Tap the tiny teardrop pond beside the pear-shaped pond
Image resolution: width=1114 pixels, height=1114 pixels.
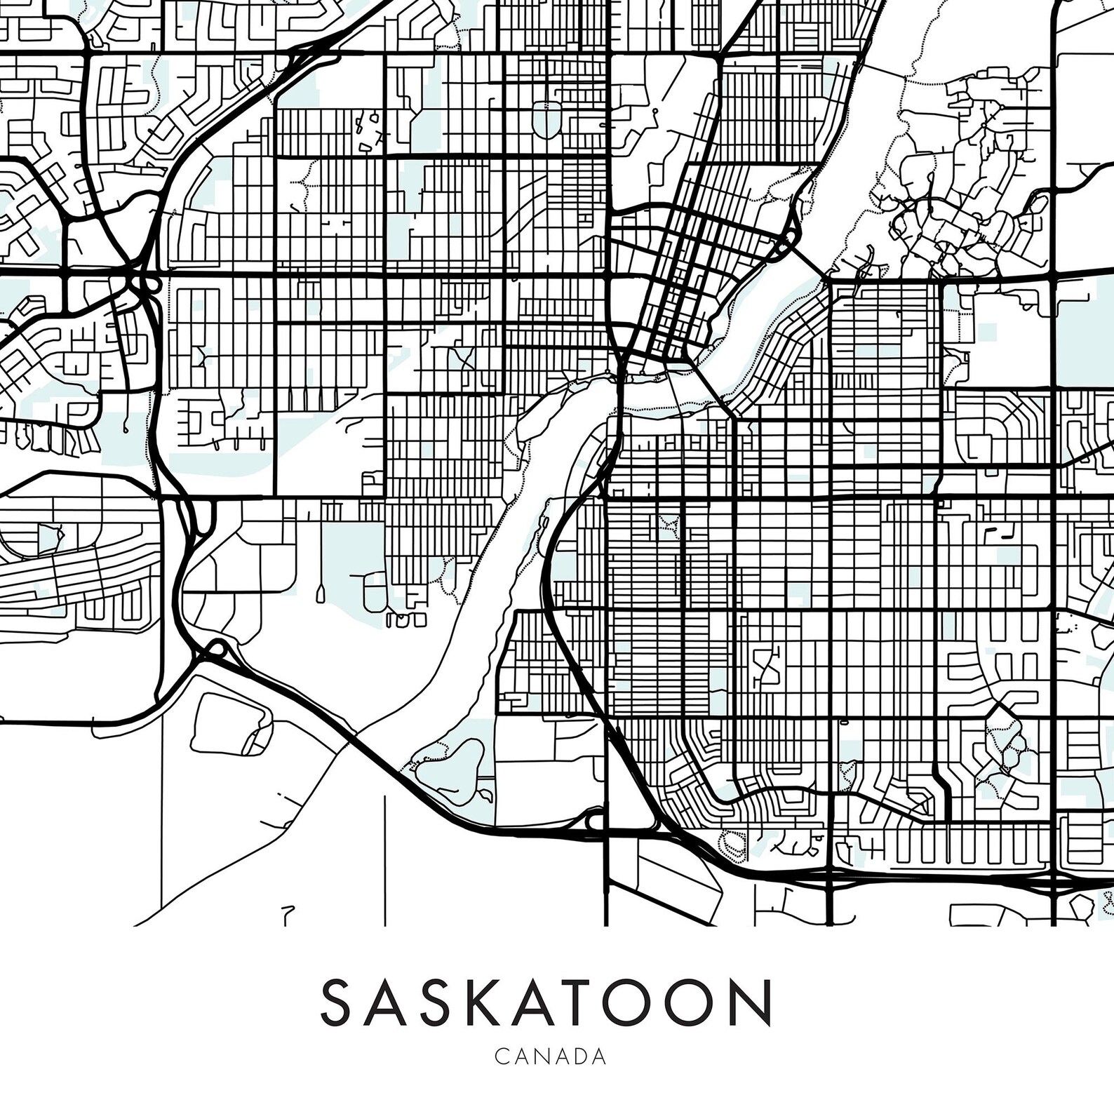click(x=485, y=795)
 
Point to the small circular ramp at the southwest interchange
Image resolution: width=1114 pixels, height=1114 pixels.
click(x=218, y=649)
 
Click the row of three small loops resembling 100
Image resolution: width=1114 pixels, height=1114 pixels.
click(x=406, y=620)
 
